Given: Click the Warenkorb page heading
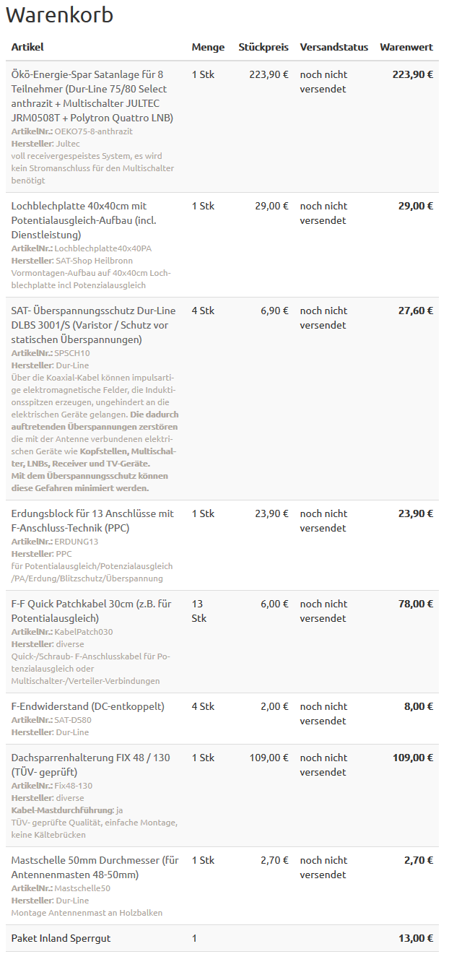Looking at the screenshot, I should [59, 15].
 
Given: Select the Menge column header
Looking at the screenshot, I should [208, 47].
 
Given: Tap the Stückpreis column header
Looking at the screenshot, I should [263, 47].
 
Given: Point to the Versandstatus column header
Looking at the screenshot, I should [334, 47].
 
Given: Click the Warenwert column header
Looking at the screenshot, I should [406, 47].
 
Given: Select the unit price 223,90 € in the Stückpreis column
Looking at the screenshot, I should [269, 74].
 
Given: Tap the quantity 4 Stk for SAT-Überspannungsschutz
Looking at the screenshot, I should [203, 311].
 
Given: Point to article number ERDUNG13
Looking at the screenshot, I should [76, 542].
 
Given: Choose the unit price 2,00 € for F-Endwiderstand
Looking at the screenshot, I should [274, 706].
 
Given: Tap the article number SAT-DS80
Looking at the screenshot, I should [73, 720].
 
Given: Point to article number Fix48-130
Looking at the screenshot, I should [74, 786].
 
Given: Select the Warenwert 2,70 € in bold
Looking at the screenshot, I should [418, 860].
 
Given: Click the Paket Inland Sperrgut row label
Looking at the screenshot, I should [61, 938].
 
